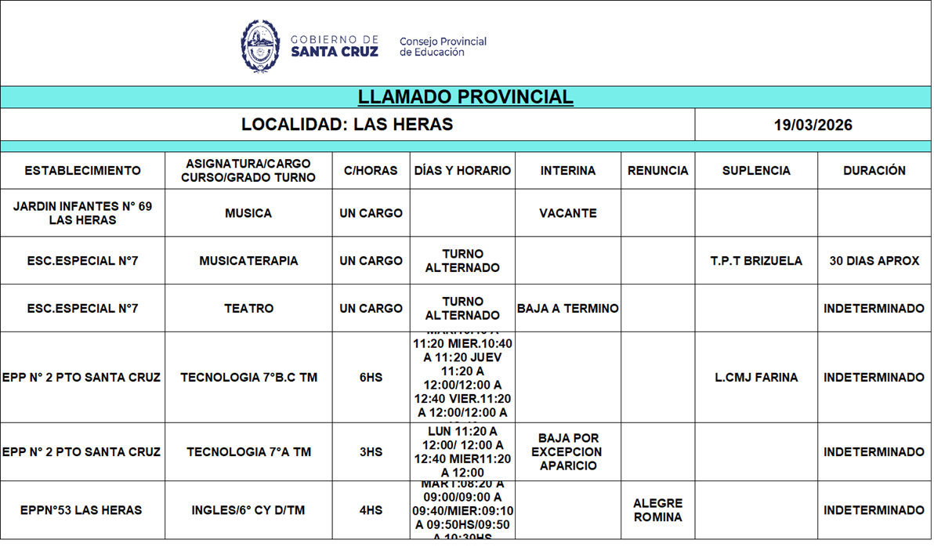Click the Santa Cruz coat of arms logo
260,46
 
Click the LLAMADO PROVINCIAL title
465,97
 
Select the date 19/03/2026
813,125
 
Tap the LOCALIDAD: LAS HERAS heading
347,125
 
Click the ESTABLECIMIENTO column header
82,171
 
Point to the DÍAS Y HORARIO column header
462,171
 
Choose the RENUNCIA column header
657,171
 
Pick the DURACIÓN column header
874,171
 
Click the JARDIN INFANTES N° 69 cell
82,213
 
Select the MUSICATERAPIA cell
248,261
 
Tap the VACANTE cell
567,213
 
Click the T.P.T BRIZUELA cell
756,261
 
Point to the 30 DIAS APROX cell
874,261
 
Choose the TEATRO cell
248,309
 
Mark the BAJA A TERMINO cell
567,309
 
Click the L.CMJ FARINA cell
756,378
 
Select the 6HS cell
371,378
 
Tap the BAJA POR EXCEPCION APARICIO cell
567,452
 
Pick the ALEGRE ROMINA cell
657,510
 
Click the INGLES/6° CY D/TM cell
248,511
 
